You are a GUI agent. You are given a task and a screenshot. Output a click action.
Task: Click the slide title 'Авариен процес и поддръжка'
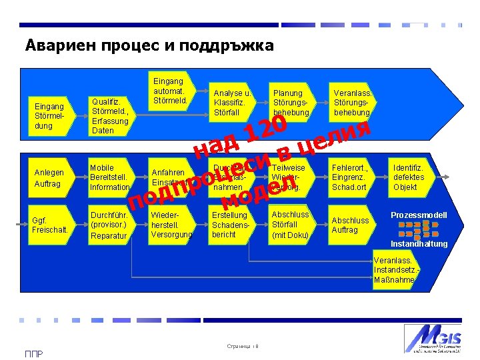point(149,45)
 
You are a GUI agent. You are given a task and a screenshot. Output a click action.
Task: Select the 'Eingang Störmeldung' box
point(50,116)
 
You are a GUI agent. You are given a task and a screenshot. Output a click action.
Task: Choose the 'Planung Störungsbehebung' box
point(291,103)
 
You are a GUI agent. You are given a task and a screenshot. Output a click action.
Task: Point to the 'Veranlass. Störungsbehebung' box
point(351,103)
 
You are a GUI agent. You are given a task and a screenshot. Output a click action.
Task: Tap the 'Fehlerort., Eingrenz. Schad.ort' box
point(351,177)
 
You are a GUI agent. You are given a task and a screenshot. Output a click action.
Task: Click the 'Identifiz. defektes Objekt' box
point(410,177)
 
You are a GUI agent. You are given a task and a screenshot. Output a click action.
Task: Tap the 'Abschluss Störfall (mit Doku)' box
point(291,224)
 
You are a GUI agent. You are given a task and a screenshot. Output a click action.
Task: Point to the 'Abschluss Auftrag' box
point(351,225)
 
